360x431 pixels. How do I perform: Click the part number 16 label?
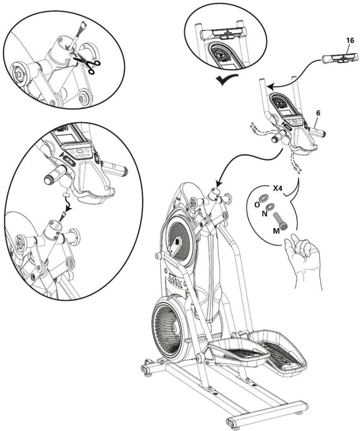(350, 41)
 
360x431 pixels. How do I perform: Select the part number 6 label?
(318, 113)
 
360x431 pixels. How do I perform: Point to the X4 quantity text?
(277, 188)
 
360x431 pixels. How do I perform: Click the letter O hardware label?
(257, 204)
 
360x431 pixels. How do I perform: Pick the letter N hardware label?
(264, 214)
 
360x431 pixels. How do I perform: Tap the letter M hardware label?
(276, 231)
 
